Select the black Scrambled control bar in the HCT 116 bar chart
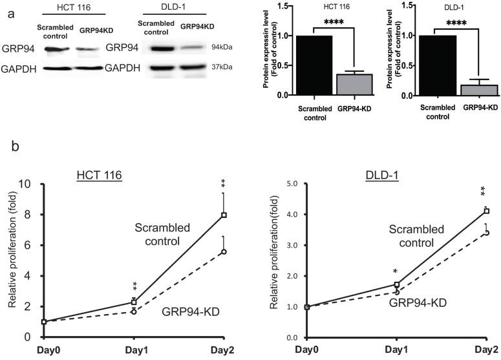tap(314, 65)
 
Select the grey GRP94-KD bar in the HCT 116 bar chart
tap(349, 85)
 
